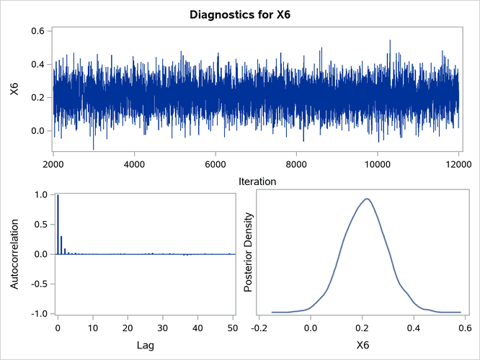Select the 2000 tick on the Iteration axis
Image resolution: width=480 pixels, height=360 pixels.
pyautogui.click(x=53, y=163)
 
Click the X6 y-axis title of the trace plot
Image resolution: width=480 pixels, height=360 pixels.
pyautogui.click(x=14, y=89)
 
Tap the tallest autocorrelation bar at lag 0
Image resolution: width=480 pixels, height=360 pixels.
pyautogui.click(x=58, y=225)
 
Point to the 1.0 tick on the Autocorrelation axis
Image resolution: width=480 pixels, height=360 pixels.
pyautogui.click(x=39, y=194)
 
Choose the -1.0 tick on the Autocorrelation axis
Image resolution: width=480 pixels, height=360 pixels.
pyautogui.click(x=37, y=314)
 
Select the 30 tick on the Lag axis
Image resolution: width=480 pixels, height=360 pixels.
pyautogui.click(x=164, y=328)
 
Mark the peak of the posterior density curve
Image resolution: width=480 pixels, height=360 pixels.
pyautogui.click(x=367, y=199)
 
